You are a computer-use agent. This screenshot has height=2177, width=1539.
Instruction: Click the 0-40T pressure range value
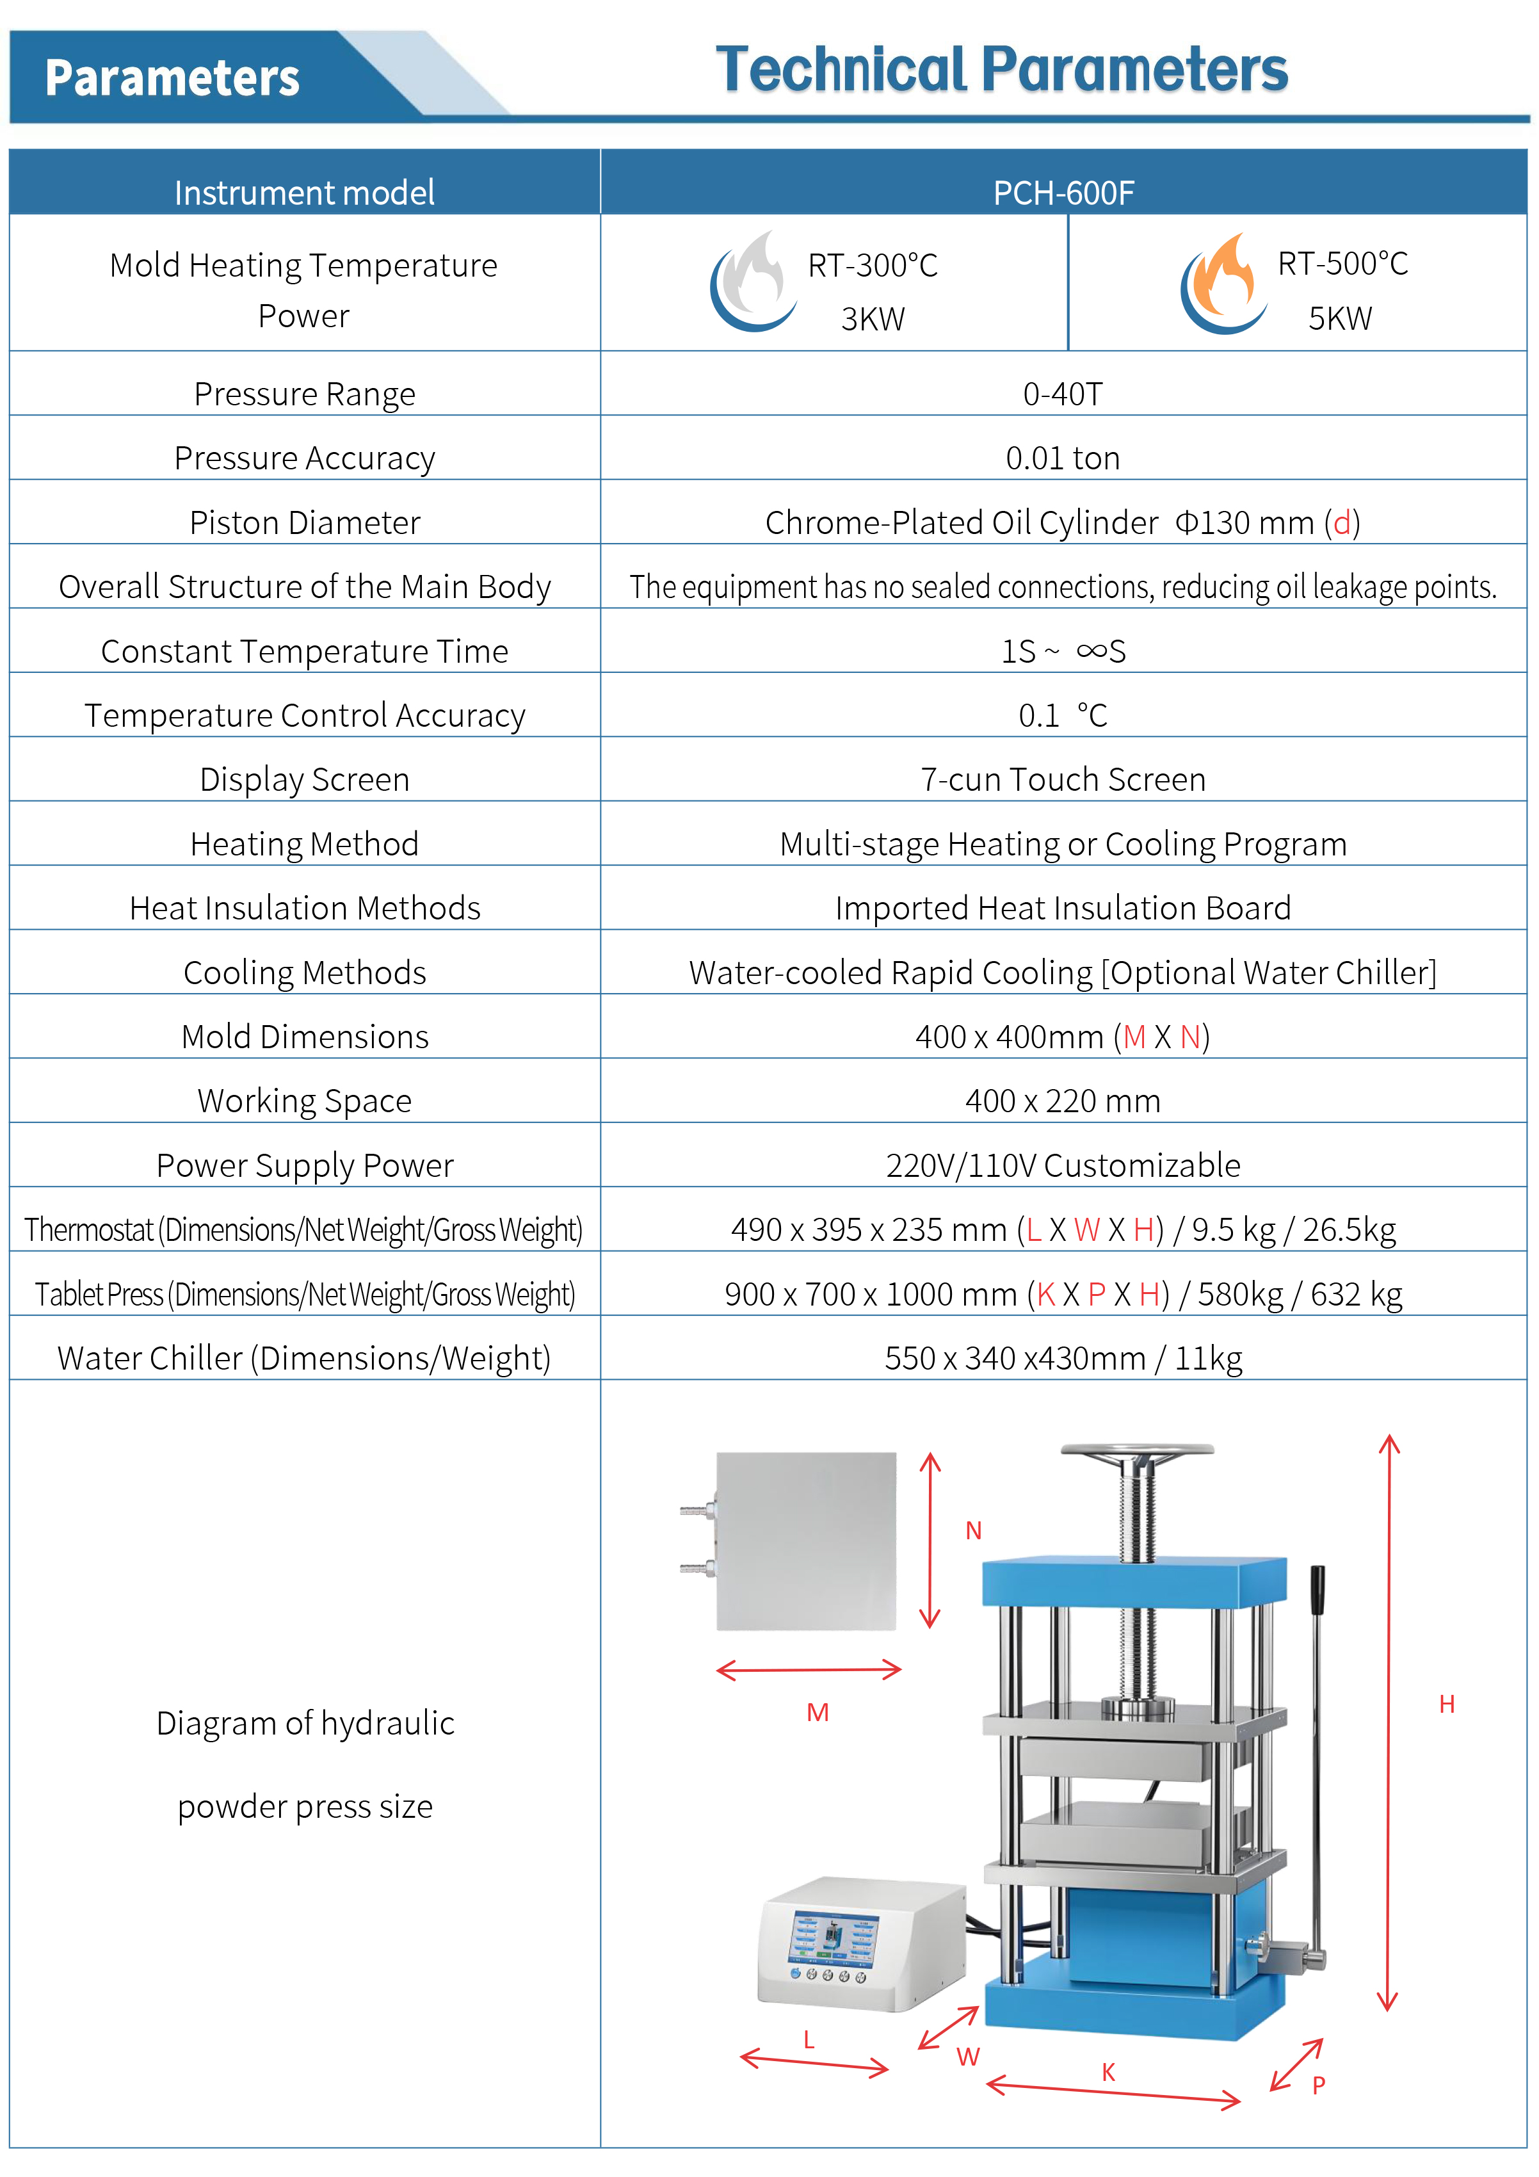point(1062,394)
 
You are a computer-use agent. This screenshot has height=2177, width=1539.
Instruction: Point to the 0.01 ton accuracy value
point(1062,458)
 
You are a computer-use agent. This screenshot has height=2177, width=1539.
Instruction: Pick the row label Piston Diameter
point(304,522)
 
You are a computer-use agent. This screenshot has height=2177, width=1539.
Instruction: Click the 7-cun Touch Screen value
point(1062,779)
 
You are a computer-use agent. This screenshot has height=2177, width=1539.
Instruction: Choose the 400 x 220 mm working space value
point(1062,1101)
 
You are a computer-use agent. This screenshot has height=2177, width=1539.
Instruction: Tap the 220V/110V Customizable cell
point(1062,1165)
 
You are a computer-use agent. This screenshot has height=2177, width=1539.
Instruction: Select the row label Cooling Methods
point(304,973)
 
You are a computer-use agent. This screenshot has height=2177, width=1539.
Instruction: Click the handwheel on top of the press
point(1137,1452)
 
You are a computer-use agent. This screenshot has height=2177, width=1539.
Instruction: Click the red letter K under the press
point(1108,2073)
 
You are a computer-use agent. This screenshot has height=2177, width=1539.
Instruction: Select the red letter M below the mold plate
point(818,1712)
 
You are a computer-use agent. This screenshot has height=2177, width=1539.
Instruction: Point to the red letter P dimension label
point(1318,2085)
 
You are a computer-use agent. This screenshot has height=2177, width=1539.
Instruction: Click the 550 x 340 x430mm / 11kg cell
point(1062,1359)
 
